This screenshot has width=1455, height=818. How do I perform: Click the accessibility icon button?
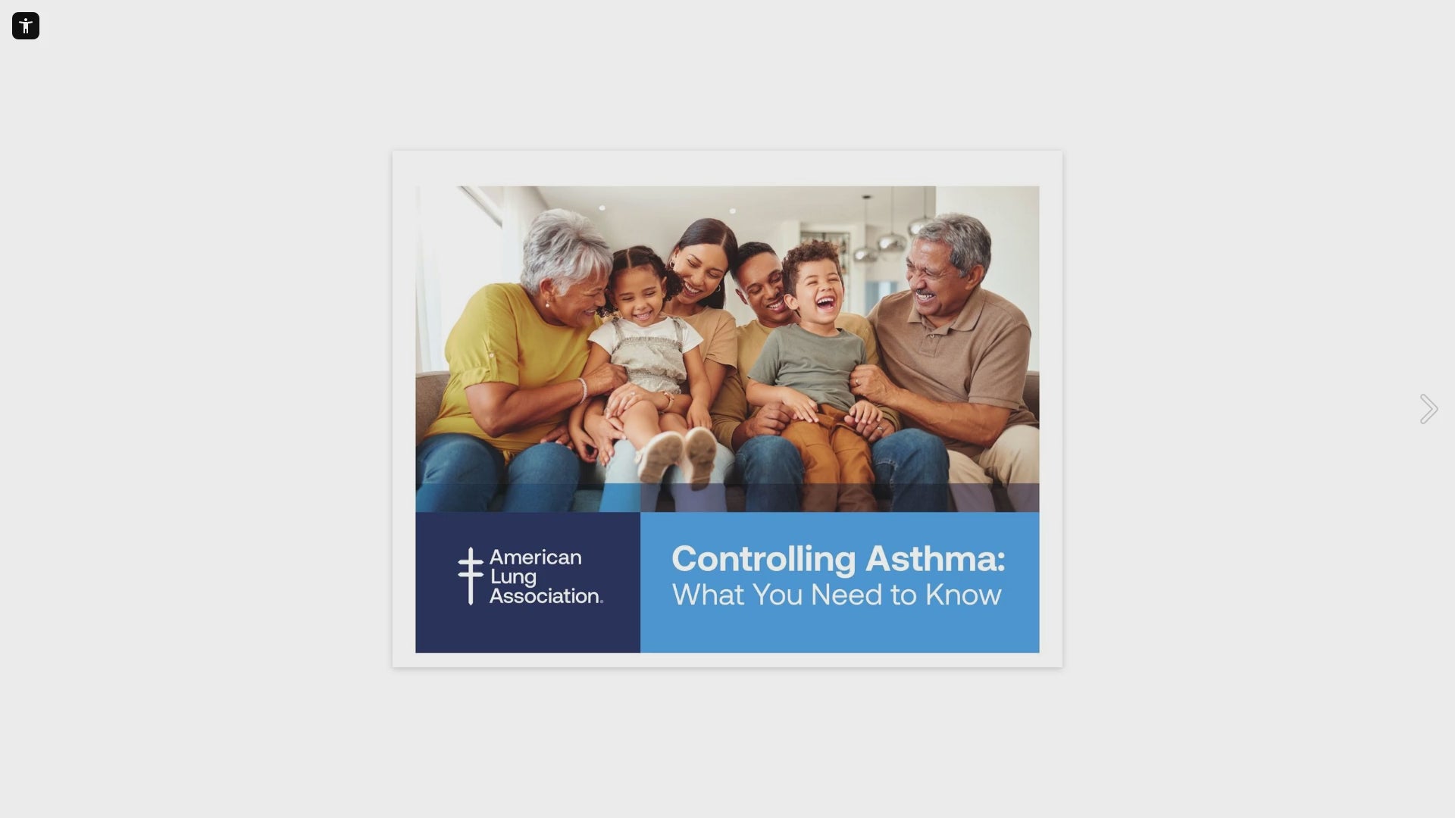[26, 26]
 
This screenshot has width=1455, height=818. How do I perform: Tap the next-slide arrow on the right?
[1428, 409]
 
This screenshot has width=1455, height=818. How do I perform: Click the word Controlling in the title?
[764, 560]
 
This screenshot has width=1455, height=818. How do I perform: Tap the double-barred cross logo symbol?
[471, 576]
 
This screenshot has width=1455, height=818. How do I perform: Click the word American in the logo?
[536, 557]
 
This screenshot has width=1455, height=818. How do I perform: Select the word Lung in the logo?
[513, 577]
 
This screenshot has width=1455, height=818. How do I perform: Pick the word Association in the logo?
[546, 596]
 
